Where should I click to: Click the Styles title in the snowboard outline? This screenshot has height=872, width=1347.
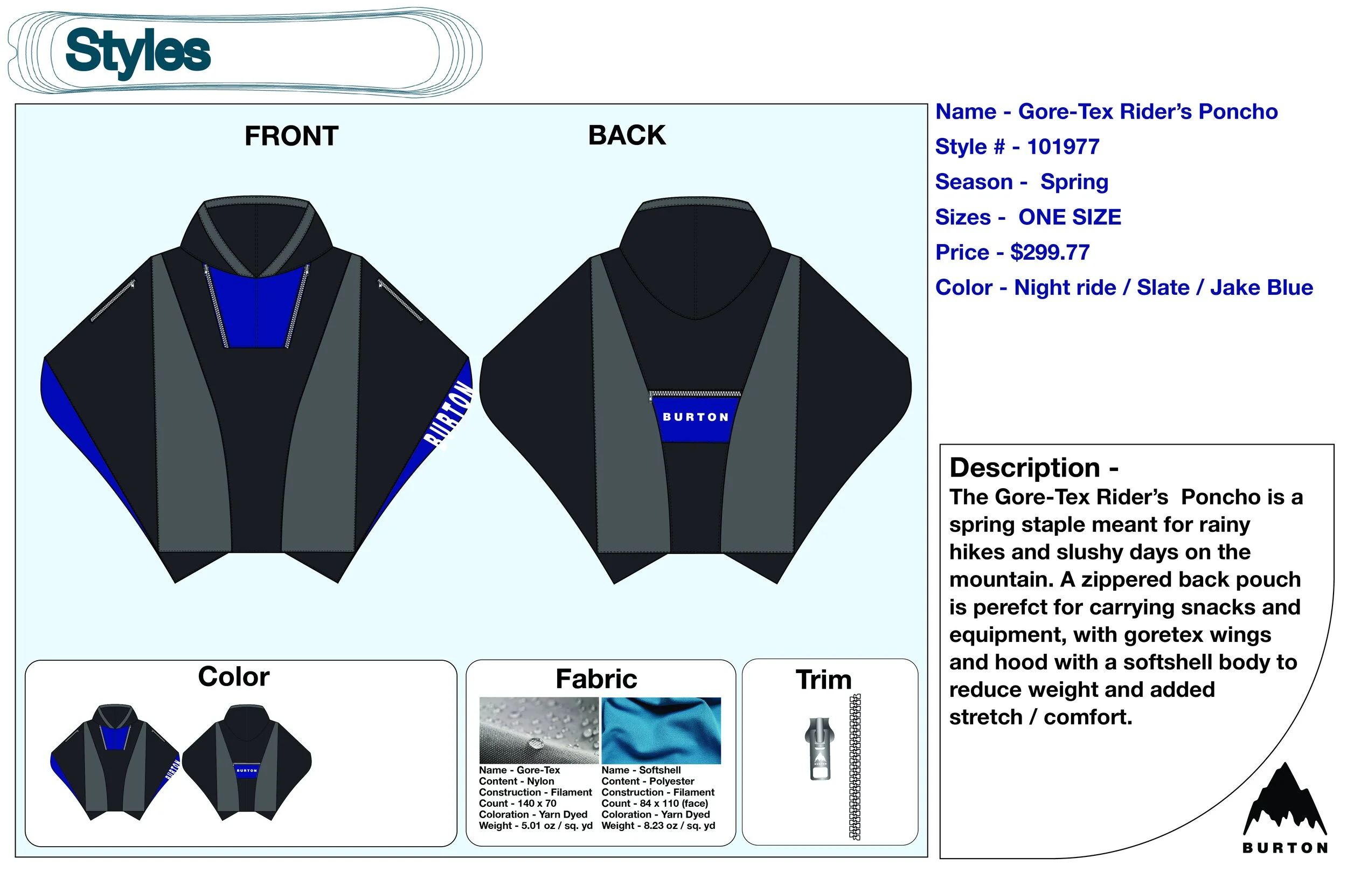(137, 52)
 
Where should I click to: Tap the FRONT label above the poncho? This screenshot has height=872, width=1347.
(291, 136)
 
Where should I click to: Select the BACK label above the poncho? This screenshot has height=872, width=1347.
(627, 136)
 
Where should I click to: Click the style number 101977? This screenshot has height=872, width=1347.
(1063, 147)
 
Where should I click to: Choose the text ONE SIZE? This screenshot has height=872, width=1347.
(1069, 217)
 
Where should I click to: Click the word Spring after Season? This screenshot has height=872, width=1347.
(1074, 182)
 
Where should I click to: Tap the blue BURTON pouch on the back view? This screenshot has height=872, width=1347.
(695, 418)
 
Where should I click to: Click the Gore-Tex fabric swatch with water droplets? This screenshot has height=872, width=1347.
(538, 730)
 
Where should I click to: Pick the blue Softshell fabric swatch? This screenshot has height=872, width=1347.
(661, 730)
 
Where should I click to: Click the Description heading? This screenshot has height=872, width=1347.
(1033, 468)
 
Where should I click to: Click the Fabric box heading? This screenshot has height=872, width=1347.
(596, 679)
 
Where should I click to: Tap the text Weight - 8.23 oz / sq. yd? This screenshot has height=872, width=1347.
(658, 826)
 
